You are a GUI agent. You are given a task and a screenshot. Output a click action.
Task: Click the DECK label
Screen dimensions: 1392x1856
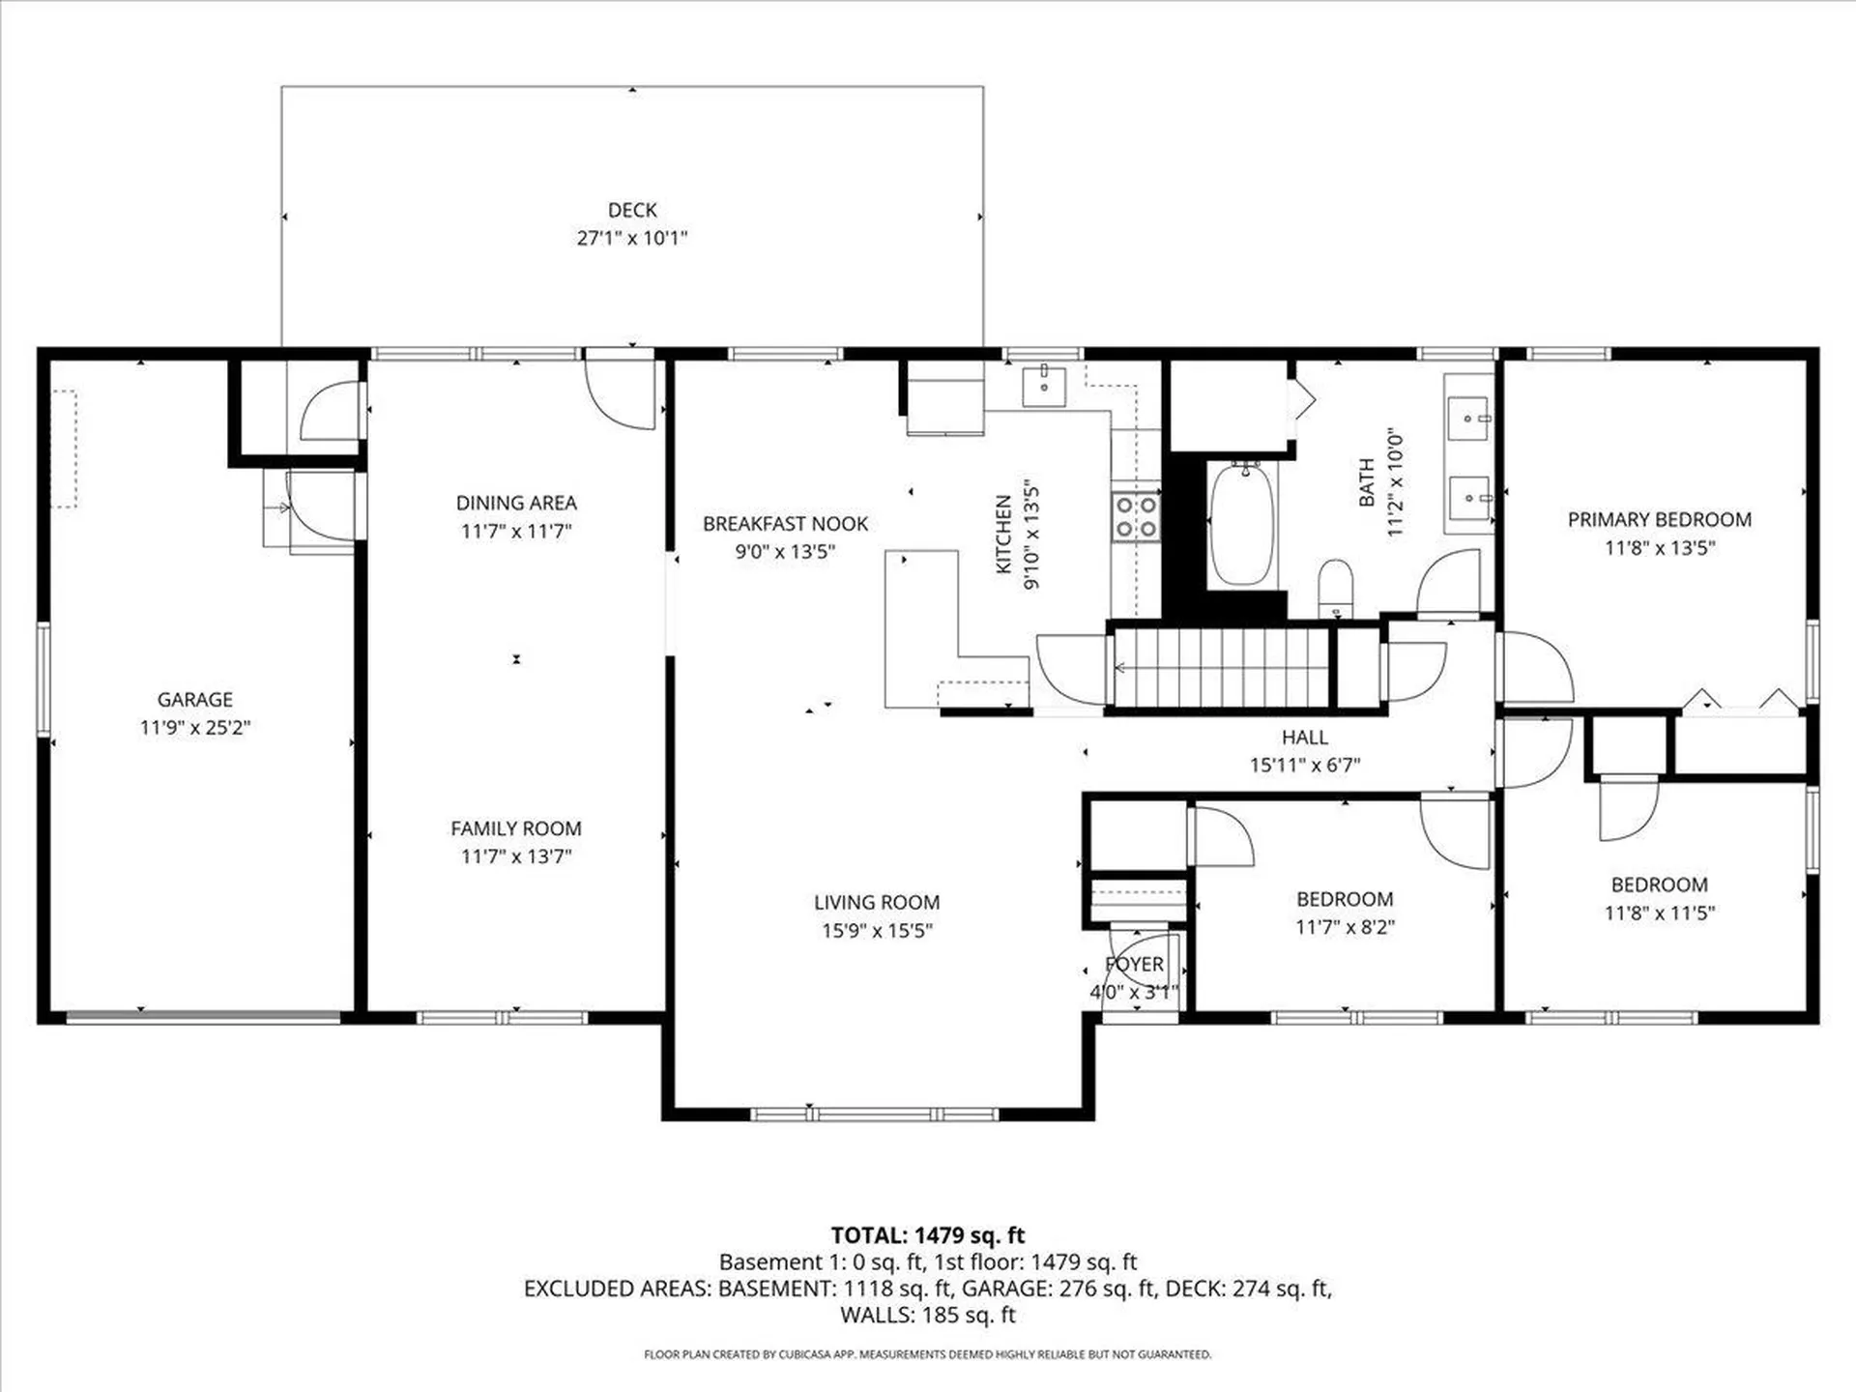click(x=632, y=210)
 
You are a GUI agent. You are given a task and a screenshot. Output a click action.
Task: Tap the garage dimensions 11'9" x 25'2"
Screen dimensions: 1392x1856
click(x=194, y=728)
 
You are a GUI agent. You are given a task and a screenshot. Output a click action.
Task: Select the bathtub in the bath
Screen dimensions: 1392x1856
click(x=1242, y=524)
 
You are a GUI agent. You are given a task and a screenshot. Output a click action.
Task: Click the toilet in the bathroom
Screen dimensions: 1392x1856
click(x=1336, y=586)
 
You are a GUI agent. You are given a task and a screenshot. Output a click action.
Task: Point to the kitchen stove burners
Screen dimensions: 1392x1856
click(x=1136, y=517)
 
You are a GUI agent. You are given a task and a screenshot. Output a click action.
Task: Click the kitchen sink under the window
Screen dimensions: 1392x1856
click(x=1044, y=386)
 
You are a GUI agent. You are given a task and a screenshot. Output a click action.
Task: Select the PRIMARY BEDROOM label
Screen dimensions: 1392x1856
click(x=1659, y=520)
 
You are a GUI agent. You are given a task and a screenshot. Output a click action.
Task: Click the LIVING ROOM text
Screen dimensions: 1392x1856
click(x=876, y=903)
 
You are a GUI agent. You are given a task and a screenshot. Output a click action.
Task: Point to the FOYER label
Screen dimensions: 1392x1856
click(x=1134, y=965)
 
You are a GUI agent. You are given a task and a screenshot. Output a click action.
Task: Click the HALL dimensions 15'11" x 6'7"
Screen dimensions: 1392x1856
click(x=1304, y=766)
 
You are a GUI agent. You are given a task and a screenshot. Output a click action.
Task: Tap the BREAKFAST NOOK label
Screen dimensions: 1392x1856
click(x=785, y=524)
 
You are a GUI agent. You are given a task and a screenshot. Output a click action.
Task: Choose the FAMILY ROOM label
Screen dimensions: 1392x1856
click(x=515, y=828)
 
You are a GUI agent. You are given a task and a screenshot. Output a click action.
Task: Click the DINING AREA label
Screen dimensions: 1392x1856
click(x=515, y=503)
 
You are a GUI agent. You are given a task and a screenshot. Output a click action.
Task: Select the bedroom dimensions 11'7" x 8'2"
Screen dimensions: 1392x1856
click(x=1345, y=927)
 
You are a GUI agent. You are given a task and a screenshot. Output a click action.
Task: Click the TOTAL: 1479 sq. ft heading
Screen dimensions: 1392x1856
click(x=927, y=1235)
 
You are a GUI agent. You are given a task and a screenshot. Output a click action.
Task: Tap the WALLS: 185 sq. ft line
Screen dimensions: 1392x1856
click(x=927, y=1315)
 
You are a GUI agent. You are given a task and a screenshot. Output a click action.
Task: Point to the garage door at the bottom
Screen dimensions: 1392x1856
click(x=203, y=1017)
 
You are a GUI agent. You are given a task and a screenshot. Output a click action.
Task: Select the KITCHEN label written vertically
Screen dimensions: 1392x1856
click(x=1003, y=534)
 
